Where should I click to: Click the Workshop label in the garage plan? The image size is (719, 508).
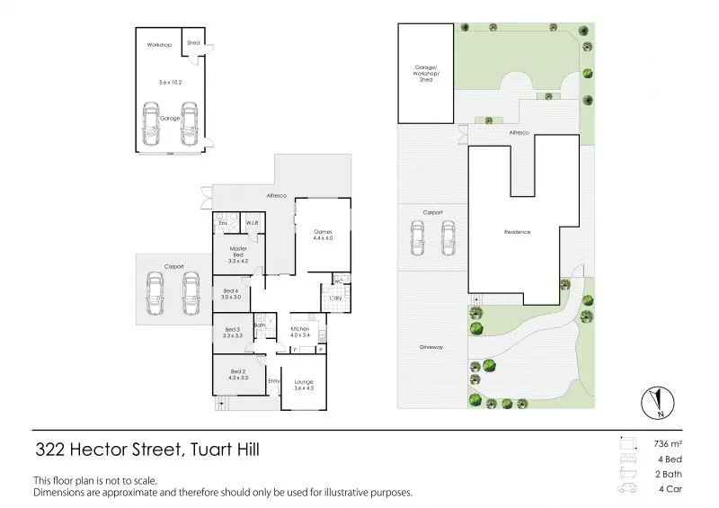tap(159, 44)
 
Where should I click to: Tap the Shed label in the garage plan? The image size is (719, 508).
tap(192, 42)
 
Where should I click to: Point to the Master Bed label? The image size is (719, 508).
tap(238, 252)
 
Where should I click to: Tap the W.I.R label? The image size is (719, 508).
tap(253, 222)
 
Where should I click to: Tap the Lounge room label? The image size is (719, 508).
tap(304, 385)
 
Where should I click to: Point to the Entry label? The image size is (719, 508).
tap(274, 380)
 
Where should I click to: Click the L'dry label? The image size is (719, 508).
tap(335, 298)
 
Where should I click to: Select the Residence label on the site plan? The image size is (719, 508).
tap(517, 232)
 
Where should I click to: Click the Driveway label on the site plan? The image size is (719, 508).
tap(432, 346)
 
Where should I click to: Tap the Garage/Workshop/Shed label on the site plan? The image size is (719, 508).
tap(425, 72)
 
